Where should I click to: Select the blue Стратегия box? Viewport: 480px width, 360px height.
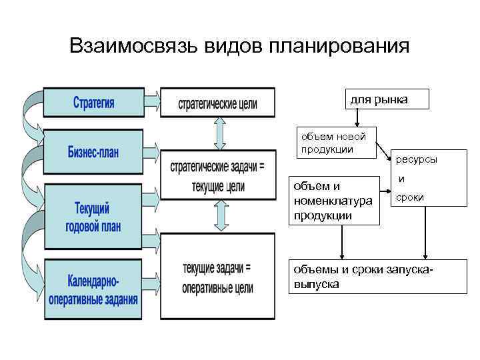point(93,103)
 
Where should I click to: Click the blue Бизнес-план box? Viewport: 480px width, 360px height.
point(93,152)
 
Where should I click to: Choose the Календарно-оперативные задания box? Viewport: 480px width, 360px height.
point(93,290)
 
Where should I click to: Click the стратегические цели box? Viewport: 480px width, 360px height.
point(217,103)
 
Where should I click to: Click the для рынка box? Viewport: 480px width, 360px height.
point(387,99)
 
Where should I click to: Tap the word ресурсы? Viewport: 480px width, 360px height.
point(417,160)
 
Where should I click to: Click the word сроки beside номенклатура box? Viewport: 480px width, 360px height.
point(409,198)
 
